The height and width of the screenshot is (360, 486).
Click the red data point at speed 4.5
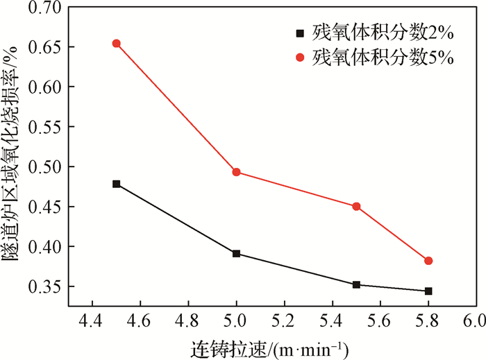click(x=117, y=44)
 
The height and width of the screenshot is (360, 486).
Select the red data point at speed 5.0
click(x=236, y=172)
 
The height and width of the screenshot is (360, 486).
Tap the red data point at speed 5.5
click(x=356, y=206)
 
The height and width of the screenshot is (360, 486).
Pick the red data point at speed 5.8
click(x=428, y=261)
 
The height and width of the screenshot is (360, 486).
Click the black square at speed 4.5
click(x=117, y=184)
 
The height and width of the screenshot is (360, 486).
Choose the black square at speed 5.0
click(x=236, y=254)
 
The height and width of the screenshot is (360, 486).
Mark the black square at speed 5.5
click(x=356, y=284)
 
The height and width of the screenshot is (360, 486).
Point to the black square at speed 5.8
click(x=428, y=291)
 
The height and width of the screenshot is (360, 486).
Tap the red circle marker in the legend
click(x=300, y=58)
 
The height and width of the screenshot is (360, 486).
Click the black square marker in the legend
click(x=300, y=33)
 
